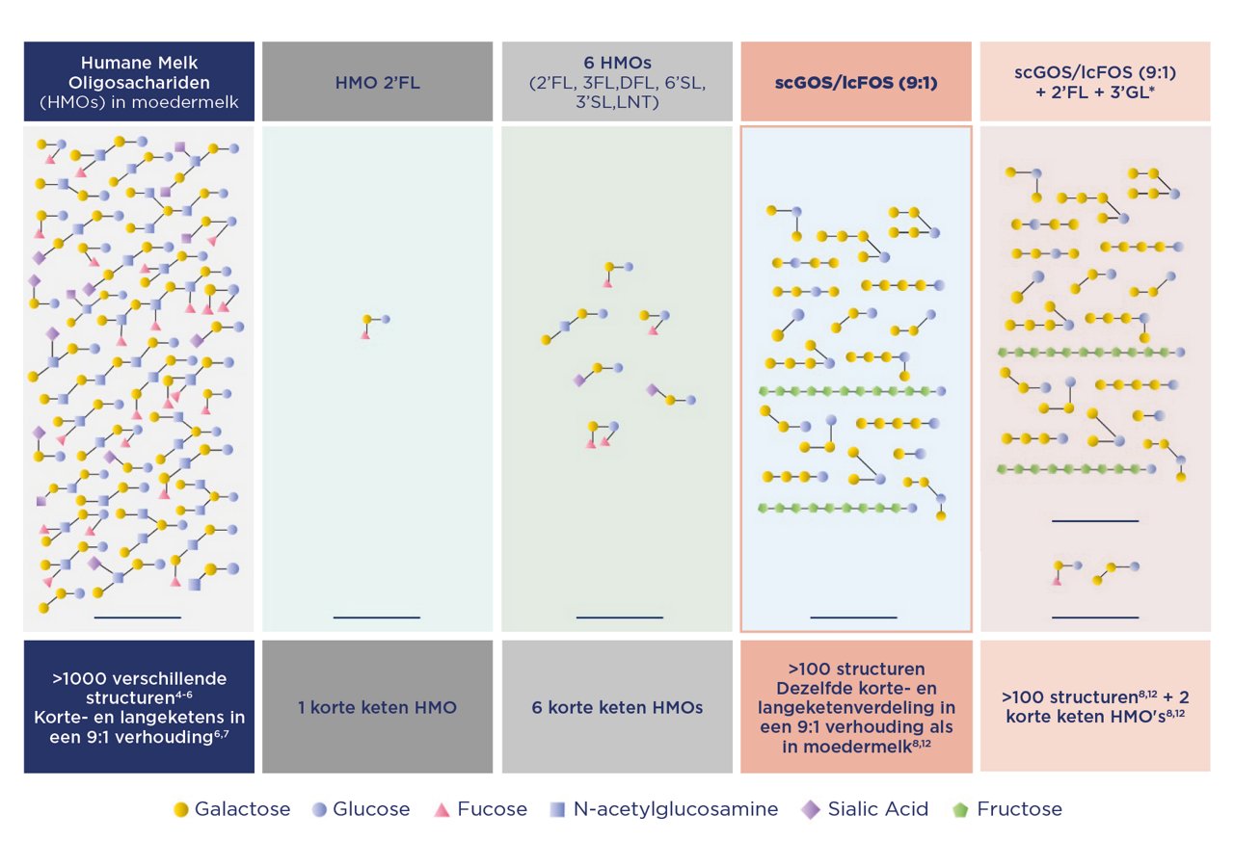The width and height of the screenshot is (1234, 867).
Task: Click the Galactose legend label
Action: tap(242, 809)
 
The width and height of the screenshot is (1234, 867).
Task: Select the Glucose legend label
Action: tap(371, 809)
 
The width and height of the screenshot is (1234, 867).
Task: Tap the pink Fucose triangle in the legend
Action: tap(442, 810)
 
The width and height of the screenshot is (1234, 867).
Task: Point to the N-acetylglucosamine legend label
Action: tap(676, 809)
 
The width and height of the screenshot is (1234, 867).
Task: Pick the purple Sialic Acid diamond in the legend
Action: tap(811, 810)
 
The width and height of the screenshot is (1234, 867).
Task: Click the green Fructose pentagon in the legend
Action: tap(960, 810)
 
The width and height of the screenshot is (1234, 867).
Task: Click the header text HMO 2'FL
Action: tap(377, 83)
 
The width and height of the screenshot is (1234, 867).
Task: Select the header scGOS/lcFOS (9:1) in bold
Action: tap(856, 83)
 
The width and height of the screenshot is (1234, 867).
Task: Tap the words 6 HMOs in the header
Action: tap(617, 63)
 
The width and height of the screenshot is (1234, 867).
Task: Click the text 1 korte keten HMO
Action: tap(377, 707)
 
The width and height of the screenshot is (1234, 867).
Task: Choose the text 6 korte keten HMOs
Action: tap(617, 707)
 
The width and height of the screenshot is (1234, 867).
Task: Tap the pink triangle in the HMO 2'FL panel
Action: tap(365, 334)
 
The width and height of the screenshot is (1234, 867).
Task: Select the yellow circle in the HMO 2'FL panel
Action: tap(367, 319)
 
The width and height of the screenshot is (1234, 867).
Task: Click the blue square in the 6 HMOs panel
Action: tap(565, 327)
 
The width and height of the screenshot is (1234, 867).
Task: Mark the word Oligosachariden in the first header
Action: tap(139, 83)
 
